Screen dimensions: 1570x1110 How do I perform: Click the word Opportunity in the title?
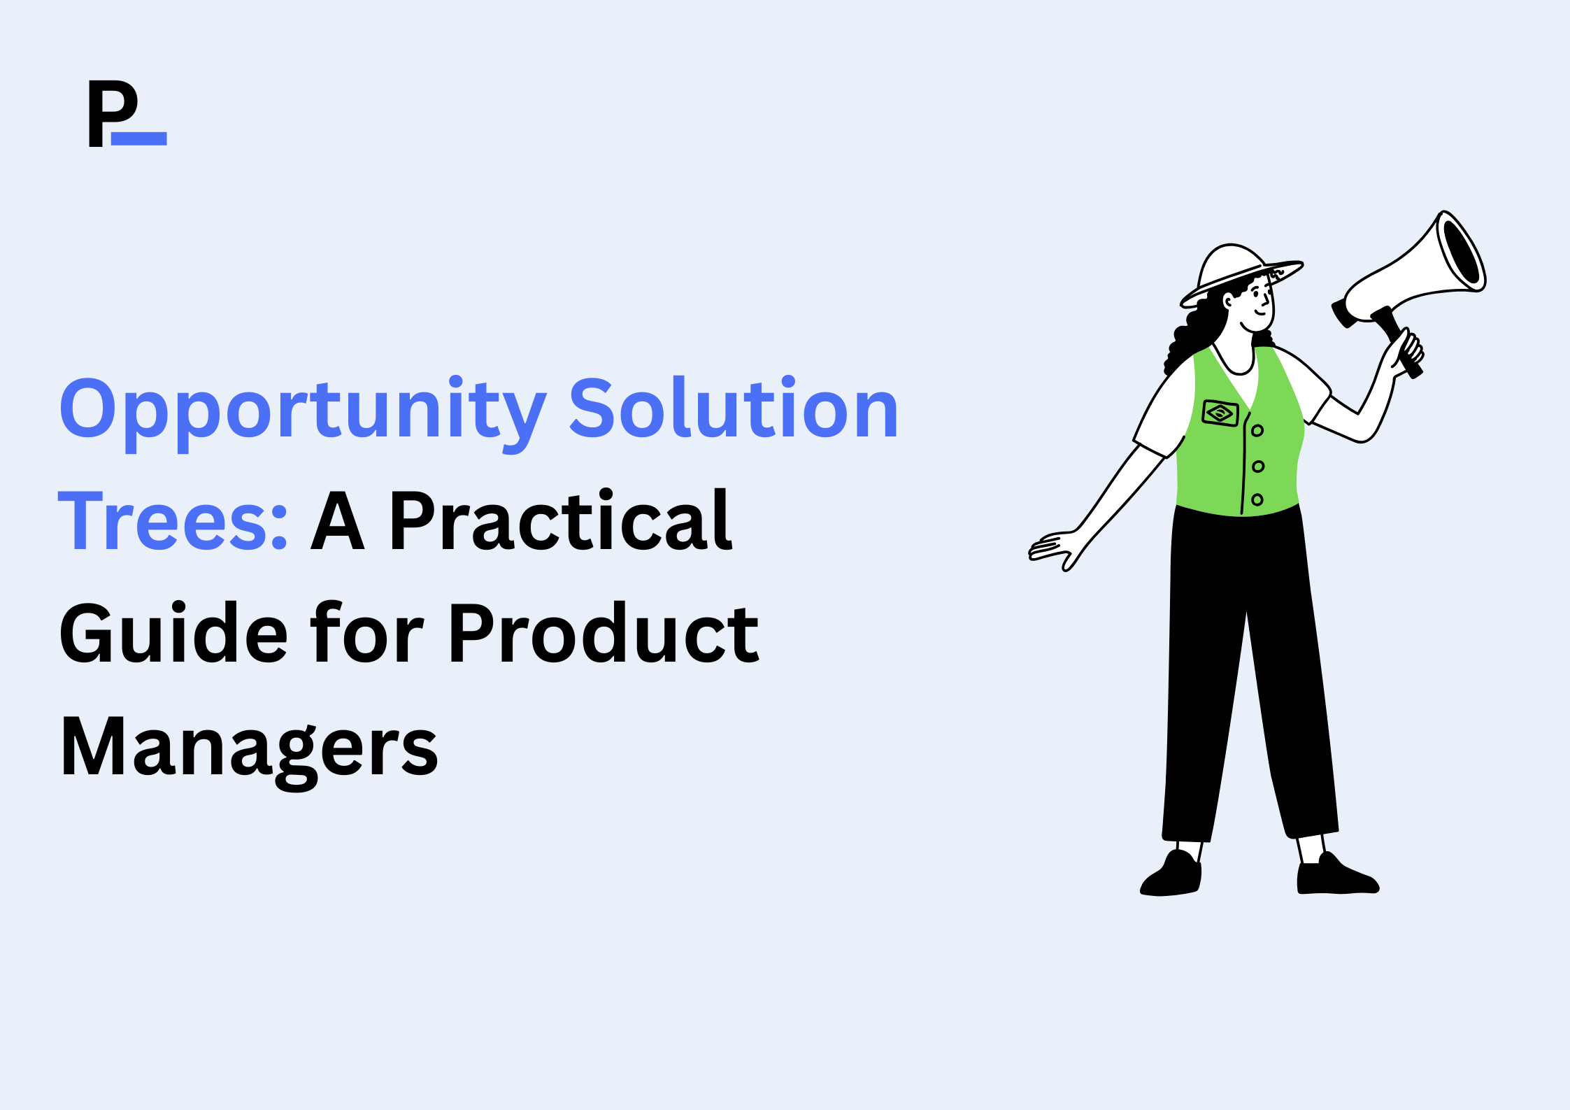(302, 413)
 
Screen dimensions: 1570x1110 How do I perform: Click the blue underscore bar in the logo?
(139, 138)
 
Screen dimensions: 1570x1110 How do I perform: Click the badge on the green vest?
(1220, 413)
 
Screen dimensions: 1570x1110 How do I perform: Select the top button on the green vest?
(1257, 430)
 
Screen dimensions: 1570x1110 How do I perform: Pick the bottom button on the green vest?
(1257, 499)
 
